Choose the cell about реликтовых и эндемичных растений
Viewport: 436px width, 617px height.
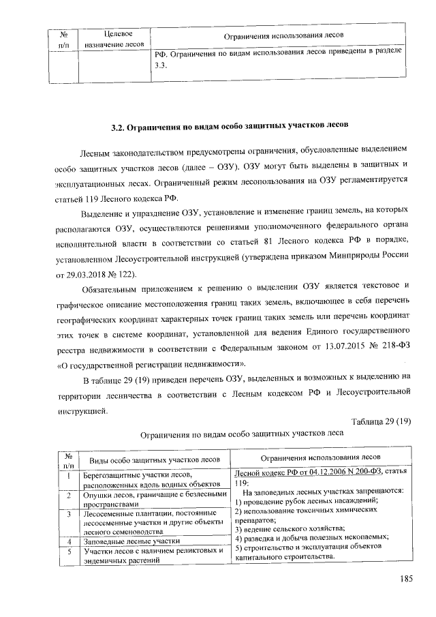(x=153, y=555)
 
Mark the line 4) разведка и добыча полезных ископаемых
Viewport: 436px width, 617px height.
(x=311, y=537)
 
